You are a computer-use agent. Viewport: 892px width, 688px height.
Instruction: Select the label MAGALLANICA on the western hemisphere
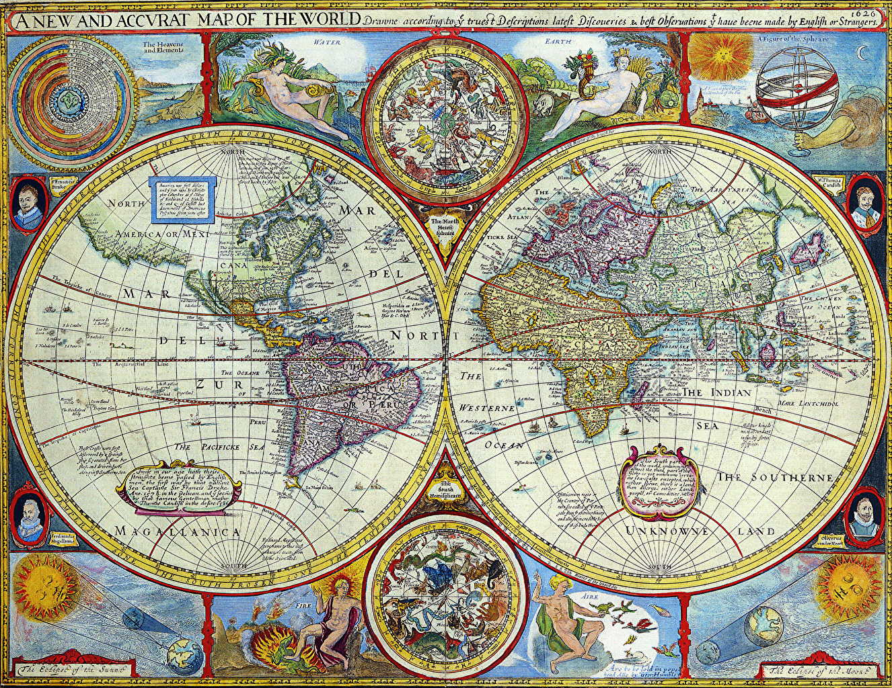pos(178,531)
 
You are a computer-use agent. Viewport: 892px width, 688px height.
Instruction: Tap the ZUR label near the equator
pos(210,384)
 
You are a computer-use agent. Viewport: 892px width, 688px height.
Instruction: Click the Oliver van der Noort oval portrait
pos(863,517)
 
